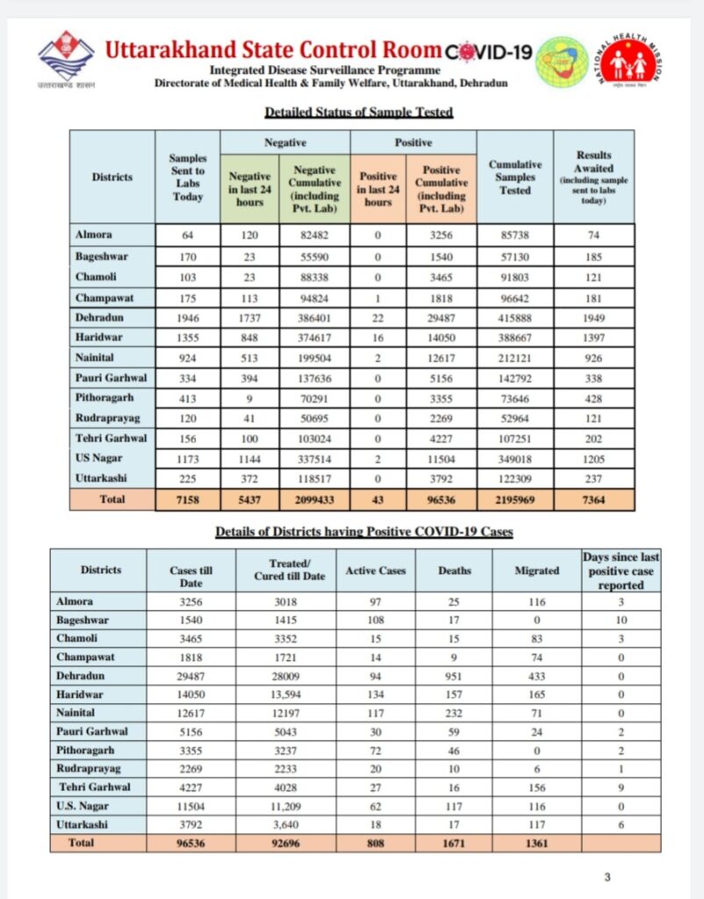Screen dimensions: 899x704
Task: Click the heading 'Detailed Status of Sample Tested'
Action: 359,112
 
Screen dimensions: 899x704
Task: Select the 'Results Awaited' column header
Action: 594,176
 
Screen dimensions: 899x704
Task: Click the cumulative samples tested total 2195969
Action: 515,500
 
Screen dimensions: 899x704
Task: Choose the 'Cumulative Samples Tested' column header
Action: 515,176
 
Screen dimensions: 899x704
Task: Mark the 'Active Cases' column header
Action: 376,571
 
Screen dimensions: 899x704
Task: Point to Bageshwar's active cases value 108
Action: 376,621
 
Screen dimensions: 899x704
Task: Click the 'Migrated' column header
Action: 536,571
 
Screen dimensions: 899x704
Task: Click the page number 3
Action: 607,877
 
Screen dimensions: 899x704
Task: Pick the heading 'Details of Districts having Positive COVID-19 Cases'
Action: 359,532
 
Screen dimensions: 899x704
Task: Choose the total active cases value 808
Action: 376,842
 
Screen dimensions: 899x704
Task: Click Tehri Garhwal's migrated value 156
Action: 536,787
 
